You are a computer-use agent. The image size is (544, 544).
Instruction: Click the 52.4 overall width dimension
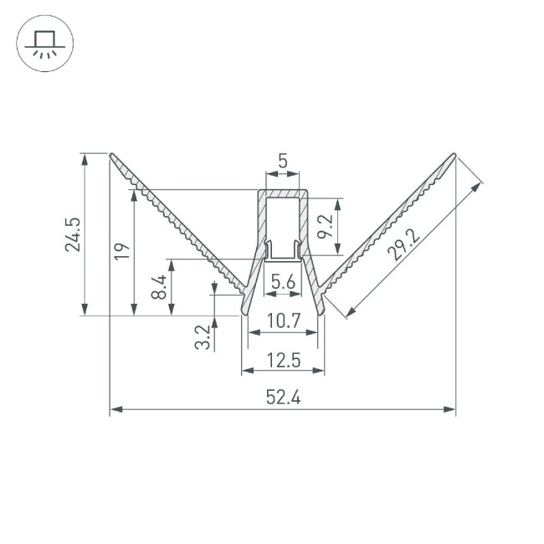click(284, 398)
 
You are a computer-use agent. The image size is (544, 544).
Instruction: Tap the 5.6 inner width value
click(284, 283)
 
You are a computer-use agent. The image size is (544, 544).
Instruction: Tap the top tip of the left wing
click(112, 155)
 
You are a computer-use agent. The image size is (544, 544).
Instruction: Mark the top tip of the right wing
click(454, 155)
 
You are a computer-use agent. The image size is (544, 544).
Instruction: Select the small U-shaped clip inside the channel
click(283, 252)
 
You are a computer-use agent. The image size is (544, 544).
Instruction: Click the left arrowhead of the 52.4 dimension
click(115, 410)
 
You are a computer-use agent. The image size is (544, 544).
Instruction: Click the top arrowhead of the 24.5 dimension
click(84, 158)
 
